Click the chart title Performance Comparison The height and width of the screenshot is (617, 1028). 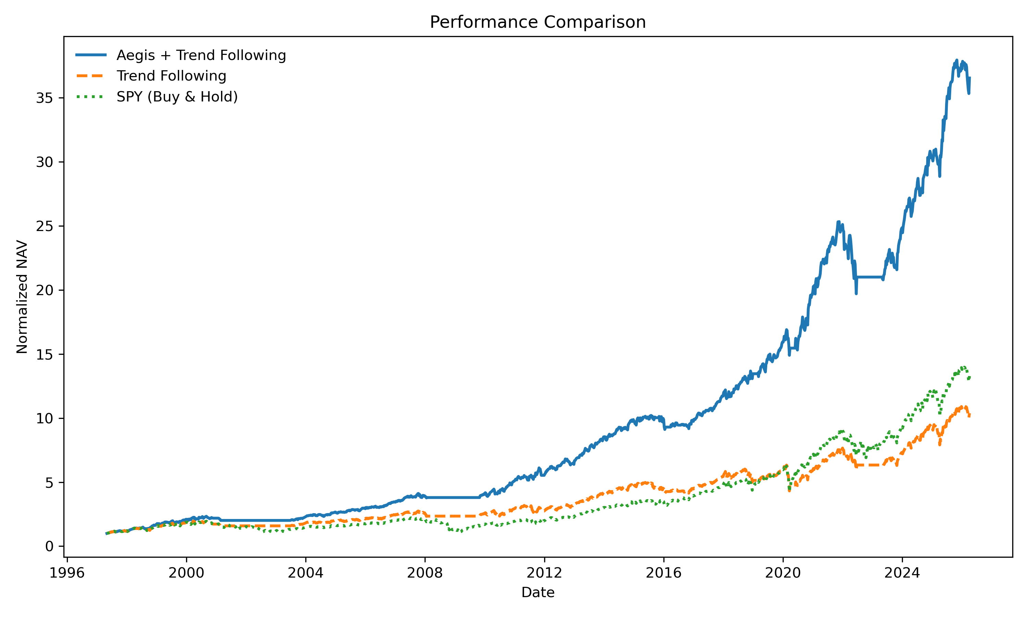point(537,22)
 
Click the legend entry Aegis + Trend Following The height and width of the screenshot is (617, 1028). point(201,55)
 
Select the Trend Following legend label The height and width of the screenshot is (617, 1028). point(171,76)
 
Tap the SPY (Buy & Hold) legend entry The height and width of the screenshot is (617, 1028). point(177,97)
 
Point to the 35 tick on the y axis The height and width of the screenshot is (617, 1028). point(45,98)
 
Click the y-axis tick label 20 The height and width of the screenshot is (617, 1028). point(45,290)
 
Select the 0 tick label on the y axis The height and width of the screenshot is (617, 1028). point(49,546)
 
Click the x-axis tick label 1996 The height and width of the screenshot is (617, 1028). point(67,573)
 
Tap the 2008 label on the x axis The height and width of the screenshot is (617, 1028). point(425,573)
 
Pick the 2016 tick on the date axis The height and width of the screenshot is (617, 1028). point(664,573)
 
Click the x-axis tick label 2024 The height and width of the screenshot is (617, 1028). point(902,573)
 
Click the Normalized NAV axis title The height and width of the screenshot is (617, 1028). point(22,297)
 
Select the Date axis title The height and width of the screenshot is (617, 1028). point(538,592)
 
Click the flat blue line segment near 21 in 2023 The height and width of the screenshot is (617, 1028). point(868,277)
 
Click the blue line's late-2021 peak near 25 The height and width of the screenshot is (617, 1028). point(839,222)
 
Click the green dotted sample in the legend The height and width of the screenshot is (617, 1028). point(91,97)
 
